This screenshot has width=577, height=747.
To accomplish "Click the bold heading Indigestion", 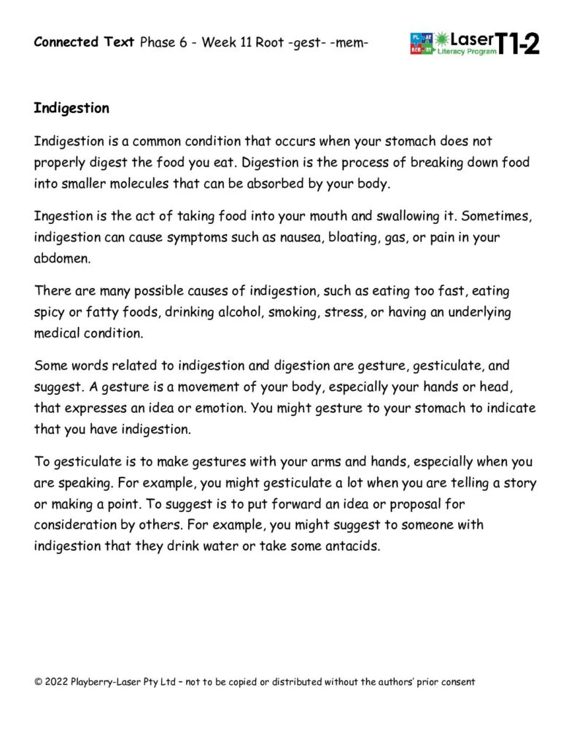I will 71,108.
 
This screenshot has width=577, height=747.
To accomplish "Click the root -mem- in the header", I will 351,42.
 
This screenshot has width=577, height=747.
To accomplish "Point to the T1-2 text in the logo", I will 519,44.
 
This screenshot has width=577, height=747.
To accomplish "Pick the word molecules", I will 135,184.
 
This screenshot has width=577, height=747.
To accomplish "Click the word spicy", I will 50,312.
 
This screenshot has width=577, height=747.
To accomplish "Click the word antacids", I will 353,546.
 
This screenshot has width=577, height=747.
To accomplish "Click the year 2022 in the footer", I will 55,682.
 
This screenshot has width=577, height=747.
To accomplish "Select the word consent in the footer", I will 457,682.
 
